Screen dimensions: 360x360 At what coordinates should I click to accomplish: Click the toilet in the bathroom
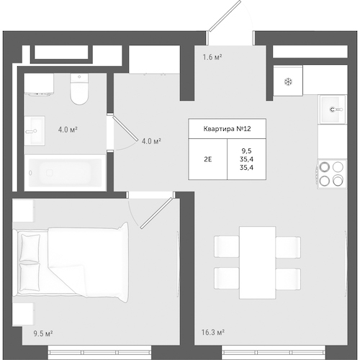[79, 89]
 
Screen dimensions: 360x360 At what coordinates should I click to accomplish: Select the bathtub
[66, 173]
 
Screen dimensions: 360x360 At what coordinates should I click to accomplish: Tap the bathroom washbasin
[35, 131]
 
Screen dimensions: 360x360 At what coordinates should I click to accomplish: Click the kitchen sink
[333, 109]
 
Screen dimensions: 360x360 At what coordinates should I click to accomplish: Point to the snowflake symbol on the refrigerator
[288, 82]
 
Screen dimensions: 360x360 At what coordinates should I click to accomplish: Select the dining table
[258, 263]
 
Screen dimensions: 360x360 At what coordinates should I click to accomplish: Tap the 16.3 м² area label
[212, 333]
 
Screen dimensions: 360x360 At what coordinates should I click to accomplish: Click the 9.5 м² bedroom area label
[43, 333]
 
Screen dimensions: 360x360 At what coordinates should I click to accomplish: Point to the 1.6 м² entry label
[212, 57]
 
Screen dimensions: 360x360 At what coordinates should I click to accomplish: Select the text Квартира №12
[227, 129]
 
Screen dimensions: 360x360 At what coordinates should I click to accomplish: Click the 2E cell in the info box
[208, 159]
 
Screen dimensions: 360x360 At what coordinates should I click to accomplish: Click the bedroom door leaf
[157, 213]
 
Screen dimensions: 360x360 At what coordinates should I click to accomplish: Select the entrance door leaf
[225, 16]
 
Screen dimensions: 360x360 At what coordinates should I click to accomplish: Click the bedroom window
[99, 353]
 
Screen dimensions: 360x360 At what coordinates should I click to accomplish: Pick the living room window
[274, 353]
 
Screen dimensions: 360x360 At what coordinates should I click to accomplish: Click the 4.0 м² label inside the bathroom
[68, 130]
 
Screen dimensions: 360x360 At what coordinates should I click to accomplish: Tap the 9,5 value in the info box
[246, 150]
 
